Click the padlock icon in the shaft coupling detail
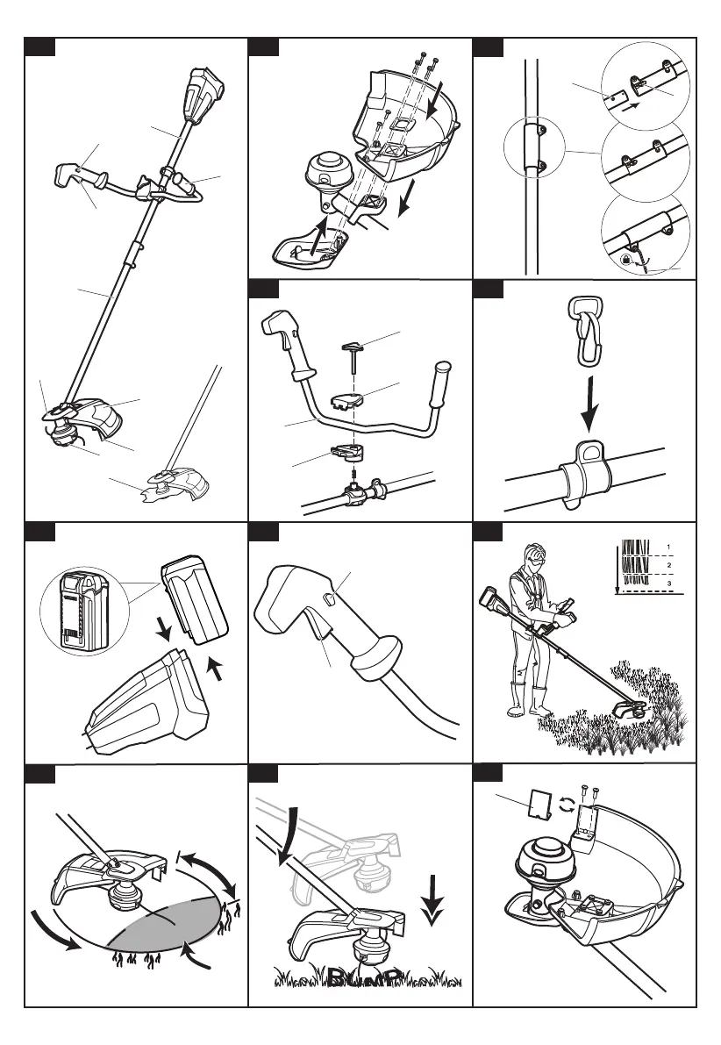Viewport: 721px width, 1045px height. tap(624, 260)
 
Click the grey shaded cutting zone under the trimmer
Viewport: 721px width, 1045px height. tap(167, 920)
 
